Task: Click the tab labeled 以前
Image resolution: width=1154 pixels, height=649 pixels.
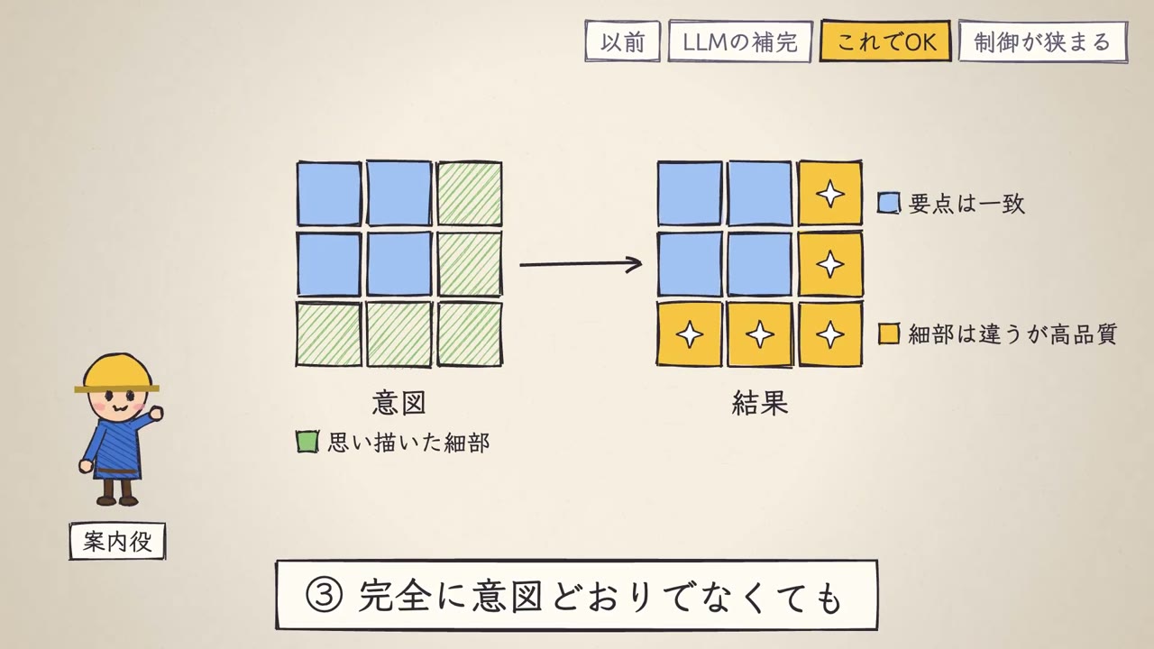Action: pos(622,41)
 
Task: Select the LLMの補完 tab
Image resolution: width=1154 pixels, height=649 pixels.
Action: pos(740,41)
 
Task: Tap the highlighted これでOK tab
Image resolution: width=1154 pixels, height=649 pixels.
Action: pos(885,41)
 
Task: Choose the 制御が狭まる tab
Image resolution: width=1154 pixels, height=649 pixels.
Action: pos(1043,41)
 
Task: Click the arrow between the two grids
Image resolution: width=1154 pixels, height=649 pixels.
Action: pos(581,264)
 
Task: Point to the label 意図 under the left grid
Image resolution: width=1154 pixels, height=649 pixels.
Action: pos(398,403)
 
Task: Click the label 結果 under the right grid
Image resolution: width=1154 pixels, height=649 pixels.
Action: pos(760,403)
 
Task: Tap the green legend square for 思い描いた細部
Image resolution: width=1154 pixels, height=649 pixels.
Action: pos(307,442)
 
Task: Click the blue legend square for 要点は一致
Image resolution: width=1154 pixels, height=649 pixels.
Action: pos(889,203)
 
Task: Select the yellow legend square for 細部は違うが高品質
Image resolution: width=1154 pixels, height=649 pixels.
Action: pos(889,334)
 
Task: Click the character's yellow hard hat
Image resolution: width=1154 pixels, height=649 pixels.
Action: pos(117,373)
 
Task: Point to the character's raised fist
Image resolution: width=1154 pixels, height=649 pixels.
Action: pos(155,413)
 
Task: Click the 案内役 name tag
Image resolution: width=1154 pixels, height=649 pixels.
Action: pos(117,542)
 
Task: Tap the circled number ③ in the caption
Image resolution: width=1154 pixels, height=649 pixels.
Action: pos(324,596)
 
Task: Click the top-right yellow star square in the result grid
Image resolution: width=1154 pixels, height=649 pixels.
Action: pos(830,194)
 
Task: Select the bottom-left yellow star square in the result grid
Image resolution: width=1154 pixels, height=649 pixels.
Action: pos(690,334)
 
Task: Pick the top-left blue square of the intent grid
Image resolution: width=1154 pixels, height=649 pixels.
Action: pos(329,194)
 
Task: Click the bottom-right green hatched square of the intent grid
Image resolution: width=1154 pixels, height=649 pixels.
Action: pos(470,334)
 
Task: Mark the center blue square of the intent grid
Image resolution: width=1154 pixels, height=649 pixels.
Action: pos(399,264)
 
